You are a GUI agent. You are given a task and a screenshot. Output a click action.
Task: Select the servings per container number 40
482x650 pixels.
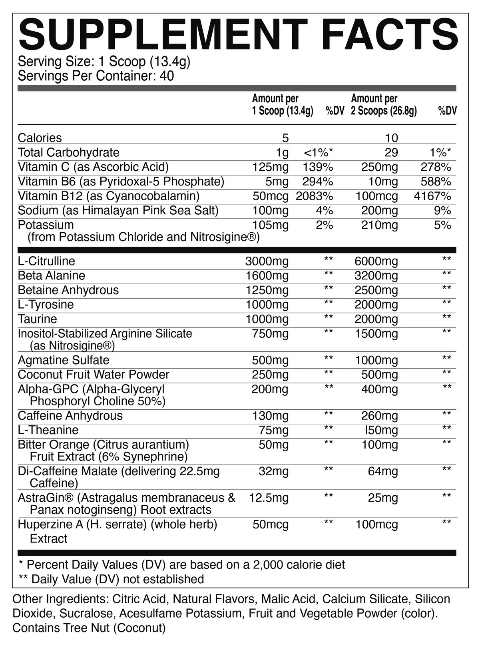[167, 76]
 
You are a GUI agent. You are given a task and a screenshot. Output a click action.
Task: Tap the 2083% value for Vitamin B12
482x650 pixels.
[315, 196]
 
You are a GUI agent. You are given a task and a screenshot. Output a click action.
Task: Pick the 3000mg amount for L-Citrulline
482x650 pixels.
[267, 261]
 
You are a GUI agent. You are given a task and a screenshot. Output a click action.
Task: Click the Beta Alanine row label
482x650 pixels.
[52, 276]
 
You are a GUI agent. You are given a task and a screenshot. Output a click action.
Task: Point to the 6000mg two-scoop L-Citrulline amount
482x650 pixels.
[376, 261]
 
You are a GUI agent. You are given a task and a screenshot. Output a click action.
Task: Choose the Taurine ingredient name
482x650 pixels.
[38, 319]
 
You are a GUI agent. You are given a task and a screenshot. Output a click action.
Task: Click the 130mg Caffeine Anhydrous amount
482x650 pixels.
[270, 416]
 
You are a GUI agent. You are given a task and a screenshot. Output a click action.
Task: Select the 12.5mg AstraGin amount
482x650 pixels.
[269, 498]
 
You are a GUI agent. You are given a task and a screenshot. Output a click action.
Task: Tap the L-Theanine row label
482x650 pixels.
[48, 430]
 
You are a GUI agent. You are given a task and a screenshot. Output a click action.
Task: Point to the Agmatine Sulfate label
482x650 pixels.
[64, 360]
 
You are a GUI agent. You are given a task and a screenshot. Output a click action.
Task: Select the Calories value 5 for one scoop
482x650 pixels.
[285, 138]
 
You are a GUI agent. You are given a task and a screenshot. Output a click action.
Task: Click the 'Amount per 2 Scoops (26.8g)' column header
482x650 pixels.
[384, 105]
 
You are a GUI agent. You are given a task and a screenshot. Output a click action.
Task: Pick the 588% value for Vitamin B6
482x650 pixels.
[436, 181]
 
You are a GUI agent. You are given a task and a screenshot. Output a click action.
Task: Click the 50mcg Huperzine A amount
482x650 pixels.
[271, 524]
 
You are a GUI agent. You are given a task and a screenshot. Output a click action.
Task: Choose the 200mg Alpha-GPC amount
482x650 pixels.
[270, 389]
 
